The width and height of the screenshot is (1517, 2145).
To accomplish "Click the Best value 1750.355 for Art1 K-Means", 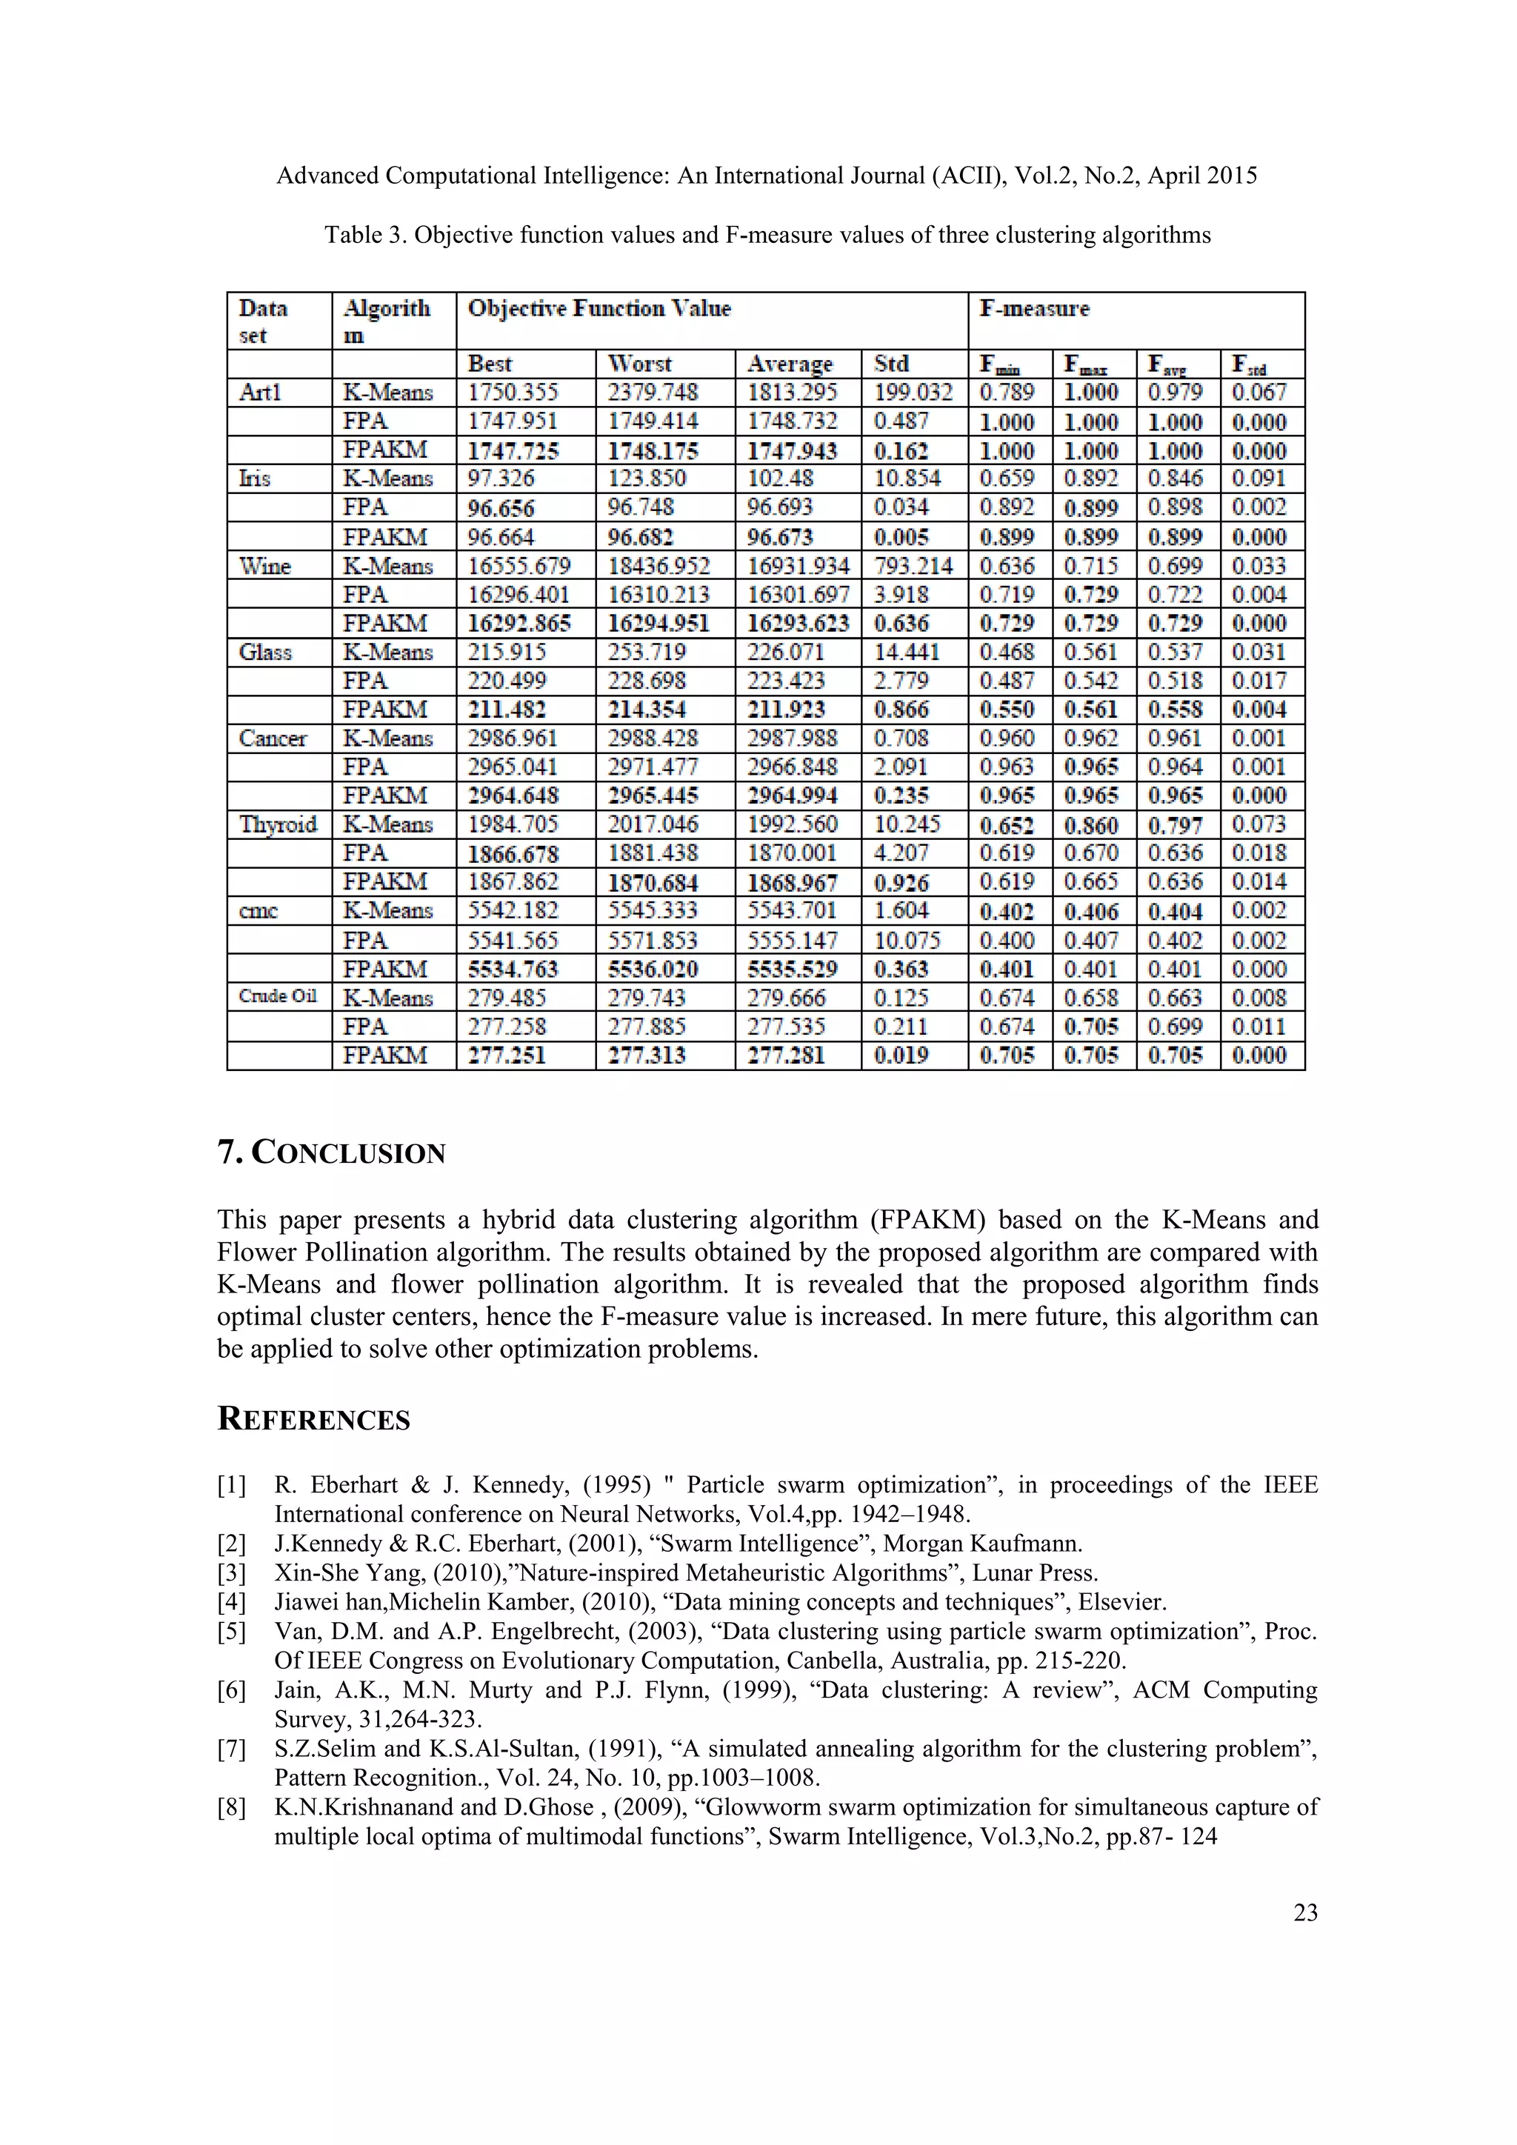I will point(512,393).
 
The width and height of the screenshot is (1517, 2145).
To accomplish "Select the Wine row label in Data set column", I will point(265,566).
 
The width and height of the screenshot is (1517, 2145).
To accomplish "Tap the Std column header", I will point(891,364).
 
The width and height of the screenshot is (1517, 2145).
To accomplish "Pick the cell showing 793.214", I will point(913,566).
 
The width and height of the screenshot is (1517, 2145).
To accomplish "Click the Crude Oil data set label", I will point(278,996).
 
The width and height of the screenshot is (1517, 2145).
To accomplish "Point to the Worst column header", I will point(640,364).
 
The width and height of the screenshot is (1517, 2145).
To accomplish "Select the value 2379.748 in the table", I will point(652,393).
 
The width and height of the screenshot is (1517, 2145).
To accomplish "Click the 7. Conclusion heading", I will point(332,1152).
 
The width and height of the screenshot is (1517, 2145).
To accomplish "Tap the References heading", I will point(314,1419).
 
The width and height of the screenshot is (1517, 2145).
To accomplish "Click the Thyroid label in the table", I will point(278,824).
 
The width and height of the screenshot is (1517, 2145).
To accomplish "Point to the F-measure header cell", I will point(1034,309).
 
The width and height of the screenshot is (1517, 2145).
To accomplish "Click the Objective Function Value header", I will point(599,309).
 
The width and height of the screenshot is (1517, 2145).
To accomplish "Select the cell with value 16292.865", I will point(519,623).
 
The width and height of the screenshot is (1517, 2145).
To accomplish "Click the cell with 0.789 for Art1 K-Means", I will point(1007,393).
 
